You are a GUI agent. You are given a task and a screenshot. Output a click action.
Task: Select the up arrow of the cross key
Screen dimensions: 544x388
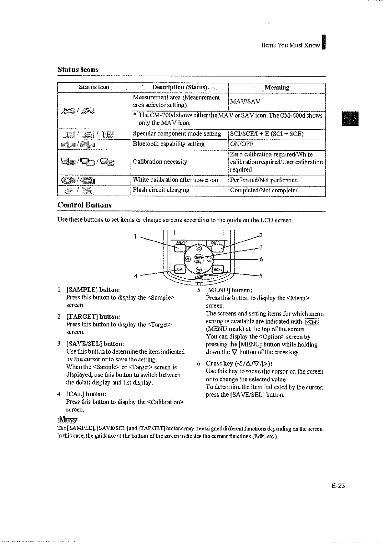coord(199,249)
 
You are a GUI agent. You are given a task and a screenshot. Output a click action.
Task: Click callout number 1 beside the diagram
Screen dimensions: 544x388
coord(135,236)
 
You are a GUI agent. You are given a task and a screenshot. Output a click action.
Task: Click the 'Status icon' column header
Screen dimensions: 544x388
coord(94,87)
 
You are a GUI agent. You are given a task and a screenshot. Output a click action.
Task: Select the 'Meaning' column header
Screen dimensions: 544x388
coord(277,87)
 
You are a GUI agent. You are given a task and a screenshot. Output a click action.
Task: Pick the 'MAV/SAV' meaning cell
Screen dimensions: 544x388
coord(245,102)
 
